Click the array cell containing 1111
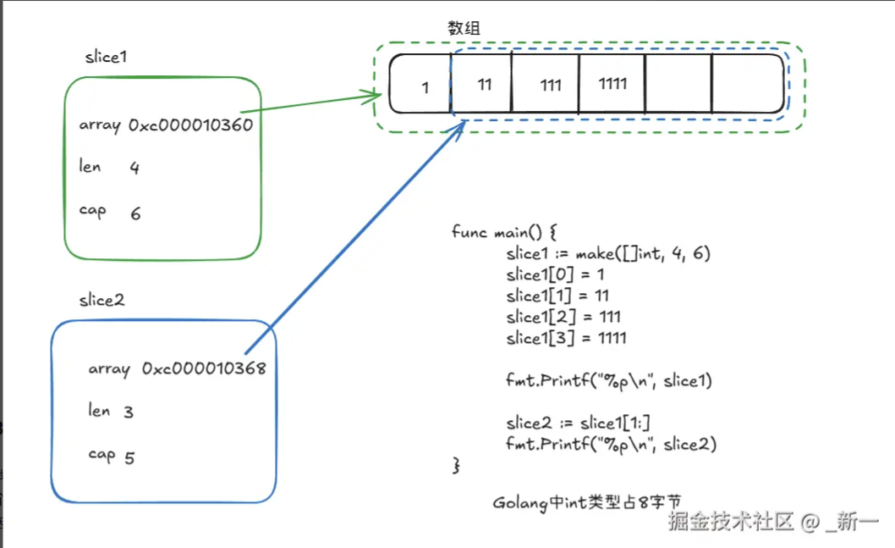[612, 84]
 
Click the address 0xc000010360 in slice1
[190, 125]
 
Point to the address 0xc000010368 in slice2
[204, 368]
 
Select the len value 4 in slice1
[135, 168]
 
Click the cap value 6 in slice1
[135, 213]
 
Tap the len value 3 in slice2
[129, 412]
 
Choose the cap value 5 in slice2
[129, 458]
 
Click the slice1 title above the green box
[106, 57]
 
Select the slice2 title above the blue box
[102, 300]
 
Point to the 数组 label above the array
[464, 28]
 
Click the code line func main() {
[502, 232]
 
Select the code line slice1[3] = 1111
[566, 338]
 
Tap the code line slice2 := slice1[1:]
[578, 423]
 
